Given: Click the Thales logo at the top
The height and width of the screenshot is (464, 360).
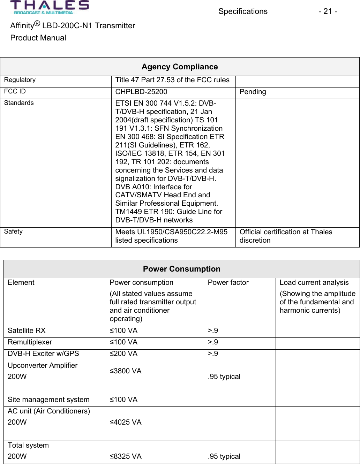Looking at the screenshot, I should tap(49, 8).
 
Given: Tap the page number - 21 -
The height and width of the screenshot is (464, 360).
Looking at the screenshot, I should tap(327, 12).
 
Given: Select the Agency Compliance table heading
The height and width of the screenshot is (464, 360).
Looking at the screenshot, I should tap(180, 67).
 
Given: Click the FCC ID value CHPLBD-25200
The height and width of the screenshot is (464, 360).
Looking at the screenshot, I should tap(141, 92).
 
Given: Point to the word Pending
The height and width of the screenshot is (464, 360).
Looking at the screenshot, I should tap(253, 92).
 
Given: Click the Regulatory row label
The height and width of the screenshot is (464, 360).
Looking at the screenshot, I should tap(20, 80).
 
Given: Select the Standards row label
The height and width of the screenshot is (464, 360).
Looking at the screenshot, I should tap(19, 103).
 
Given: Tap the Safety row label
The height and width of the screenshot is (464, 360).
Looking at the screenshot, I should tap(13, 231).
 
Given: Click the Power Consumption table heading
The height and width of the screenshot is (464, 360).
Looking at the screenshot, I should tap(181, 269).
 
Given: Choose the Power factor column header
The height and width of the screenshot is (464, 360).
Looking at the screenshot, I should tap(228, 282).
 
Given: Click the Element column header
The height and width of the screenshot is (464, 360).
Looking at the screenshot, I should tap(21, 282).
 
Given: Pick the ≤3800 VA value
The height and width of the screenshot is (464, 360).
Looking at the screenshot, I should tap(126, 371).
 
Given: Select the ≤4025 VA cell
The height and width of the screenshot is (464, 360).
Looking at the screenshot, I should tap(126, 422).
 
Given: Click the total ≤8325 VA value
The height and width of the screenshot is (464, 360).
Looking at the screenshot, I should tap(126, 456).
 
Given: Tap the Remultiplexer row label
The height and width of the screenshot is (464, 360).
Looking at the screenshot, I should tap(30, 342).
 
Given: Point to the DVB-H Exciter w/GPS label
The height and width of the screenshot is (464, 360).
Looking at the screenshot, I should tap(43, 353).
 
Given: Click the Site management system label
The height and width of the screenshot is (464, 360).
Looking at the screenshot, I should tap(48, 400).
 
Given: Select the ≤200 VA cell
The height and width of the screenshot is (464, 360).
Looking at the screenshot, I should tap(123, 353).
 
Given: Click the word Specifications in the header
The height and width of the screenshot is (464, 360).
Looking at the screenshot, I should tap(243, 12).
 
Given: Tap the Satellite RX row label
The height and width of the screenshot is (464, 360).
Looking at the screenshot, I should tap(27, 330).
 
